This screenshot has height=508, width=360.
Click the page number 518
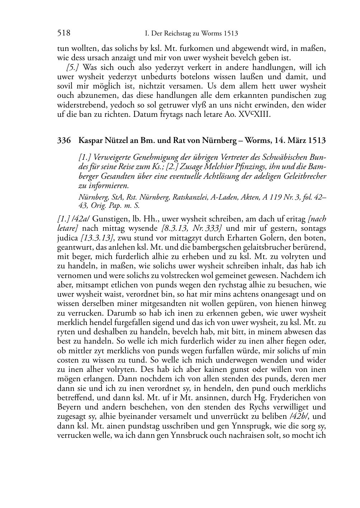(63, 33)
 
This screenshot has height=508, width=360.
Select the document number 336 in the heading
(63, 140)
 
